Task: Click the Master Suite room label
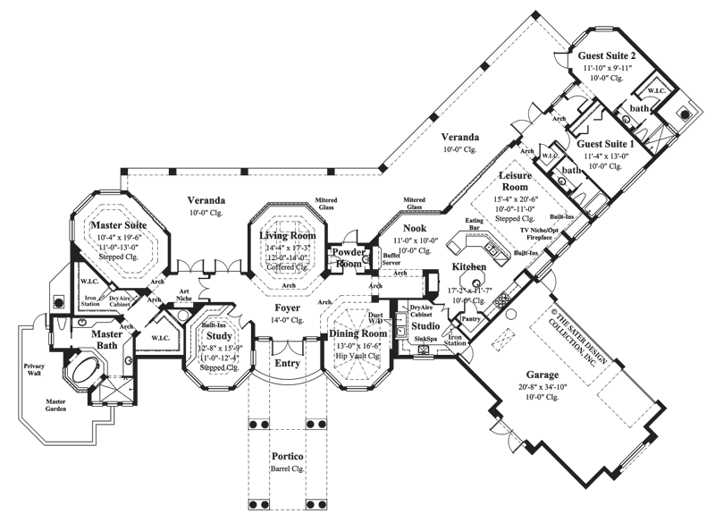point(122,227)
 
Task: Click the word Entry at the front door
point(288,363)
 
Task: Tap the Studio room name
point(426,326)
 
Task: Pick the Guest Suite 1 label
point(606,143)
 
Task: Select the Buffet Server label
point(391,259)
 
